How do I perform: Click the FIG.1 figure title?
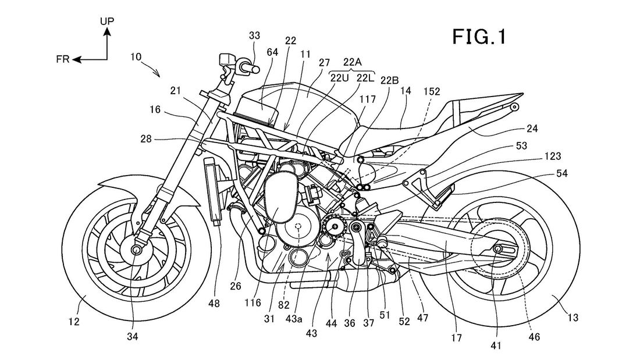click(479, 37)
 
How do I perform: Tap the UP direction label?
click(108, 21)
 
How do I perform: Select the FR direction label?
click(63, 59)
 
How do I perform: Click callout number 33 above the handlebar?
click(254, 36)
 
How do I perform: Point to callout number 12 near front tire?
click(74, 322)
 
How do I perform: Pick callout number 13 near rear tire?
click(573, 317)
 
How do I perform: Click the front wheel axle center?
click(136, 249)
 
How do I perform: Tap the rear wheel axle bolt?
click(497, 249)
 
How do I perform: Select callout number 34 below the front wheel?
click(133, 337)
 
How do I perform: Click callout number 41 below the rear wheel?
click(496, 345)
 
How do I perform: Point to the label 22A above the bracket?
click(352, 62)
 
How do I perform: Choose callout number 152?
click(432, 91)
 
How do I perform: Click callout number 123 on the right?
click(553, 156)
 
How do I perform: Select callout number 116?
click(253, 302)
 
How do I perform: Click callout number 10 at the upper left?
click(136, 57)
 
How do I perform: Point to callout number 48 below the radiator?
click(214, 303)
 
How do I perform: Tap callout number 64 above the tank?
click(272, 52)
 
